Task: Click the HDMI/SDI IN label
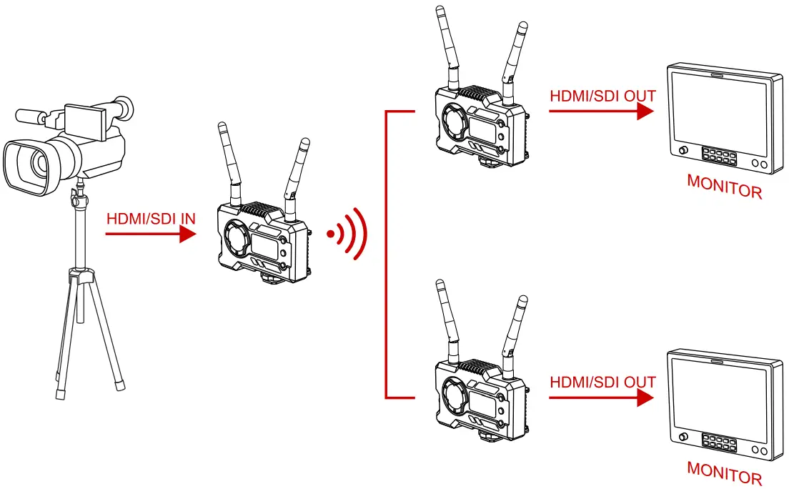150,218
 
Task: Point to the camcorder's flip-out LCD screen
85,117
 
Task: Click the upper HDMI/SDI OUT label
602,96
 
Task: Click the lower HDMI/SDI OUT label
602,382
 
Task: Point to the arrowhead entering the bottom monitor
646,397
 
